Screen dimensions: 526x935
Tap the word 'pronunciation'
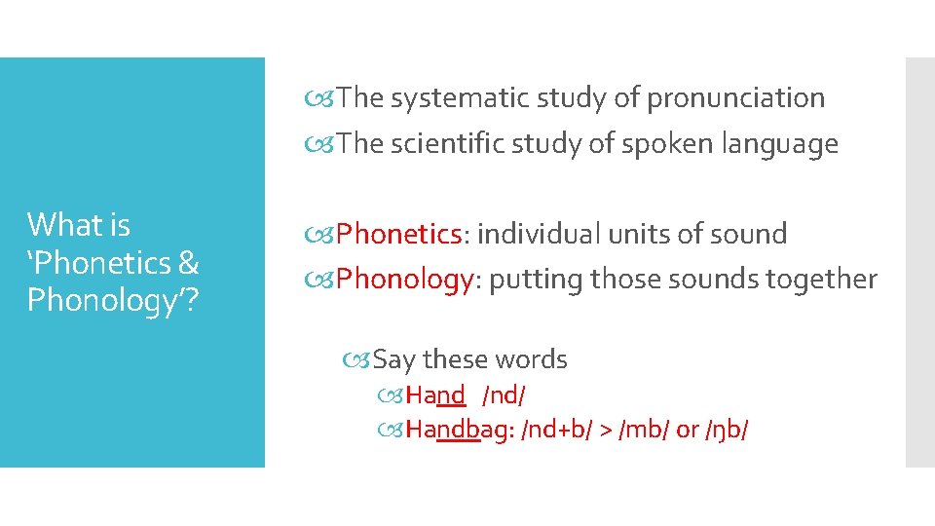735,98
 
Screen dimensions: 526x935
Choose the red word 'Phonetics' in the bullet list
398,235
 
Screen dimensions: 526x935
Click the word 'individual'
539,235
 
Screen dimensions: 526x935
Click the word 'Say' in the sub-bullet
394,360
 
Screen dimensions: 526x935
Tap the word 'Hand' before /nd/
435,395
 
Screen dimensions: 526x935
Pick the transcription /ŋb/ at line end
727,430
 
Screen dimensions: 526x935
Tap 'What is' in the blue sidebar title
78,226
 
